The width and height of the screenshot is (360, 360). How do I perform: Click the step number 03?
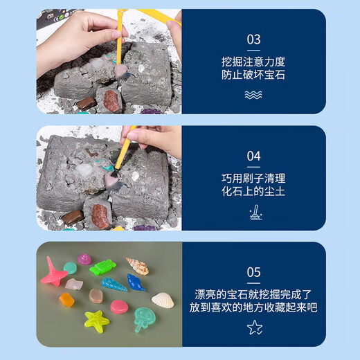click(253, 39)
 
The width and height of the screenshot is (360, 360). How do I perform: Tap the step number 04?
click(253, 156)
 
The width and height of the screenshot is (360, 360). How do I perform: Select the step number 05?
click(253, 272)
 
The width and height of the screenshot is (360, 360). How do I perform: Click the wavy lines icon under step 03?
click(253, 95)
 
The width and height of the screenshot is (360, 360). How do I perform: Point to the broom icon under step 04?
click(255, 213)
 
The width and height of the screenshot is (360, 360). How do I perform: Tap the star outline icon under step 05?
click(255, 327)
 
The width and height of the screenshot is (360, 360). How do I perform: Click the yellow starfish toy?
click(96, 321)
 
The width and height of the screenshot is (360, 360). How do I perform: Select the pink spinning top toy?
click(54, 272)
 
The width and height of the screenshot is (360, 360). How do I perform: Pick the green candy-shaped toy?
click(102, 267)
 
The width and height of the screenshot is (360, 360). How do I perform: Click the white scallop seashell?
click(163, 300)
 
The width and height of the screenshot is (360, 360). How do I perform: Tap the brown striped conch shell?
click(138, 266)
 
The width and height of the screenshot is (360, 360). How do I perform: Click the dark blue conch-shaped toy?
click(136, 282)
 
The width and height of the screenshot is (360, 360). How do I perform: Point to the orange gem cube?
click(66, 300)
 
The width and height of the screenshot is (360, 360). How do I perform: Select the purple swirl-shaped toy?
click(84, 259)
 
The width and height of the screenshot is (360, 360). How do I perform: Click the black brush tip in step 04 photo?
click(115, 173)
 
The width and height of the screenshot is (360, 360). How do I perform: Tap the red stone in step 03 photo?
click(111, 101)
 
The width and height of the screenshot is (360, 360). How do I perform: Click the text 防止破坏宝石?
click(253, 75)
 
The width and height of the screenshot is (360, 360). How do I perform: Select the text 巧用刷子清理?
click(253, 179)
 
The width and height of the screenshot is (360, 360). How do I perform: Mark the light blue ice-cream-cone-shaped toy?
click(114, 285)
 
